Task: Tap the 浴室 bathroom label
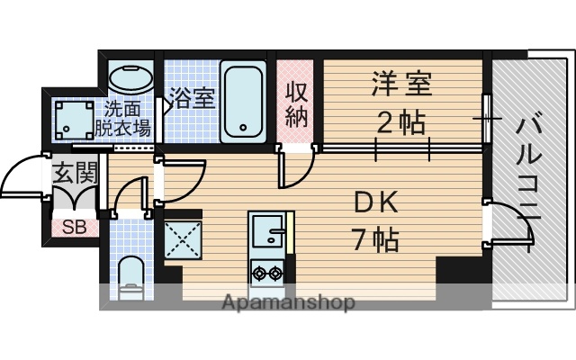192,97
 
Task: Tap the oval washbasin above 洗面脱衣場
130,77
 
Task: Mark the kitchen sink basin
267,233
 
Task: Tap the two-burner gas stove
267,271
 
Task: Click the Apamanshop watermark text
288,302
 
